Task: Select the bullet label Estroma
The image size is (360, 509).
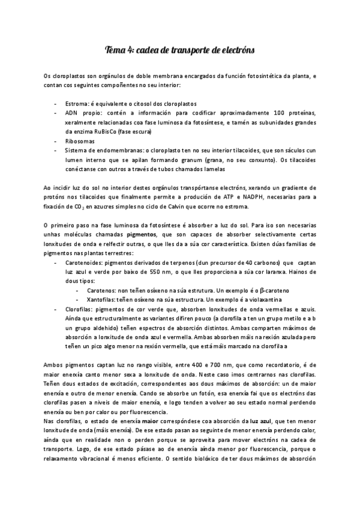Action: pyautogui.click(x=78, y=104)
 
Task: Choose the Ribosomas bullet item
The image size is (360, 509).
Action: pyautogui.click(x=80, y=140)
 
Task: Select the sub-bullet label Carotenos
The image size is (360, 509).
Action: pyautogui.click(x=103, y=291)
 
